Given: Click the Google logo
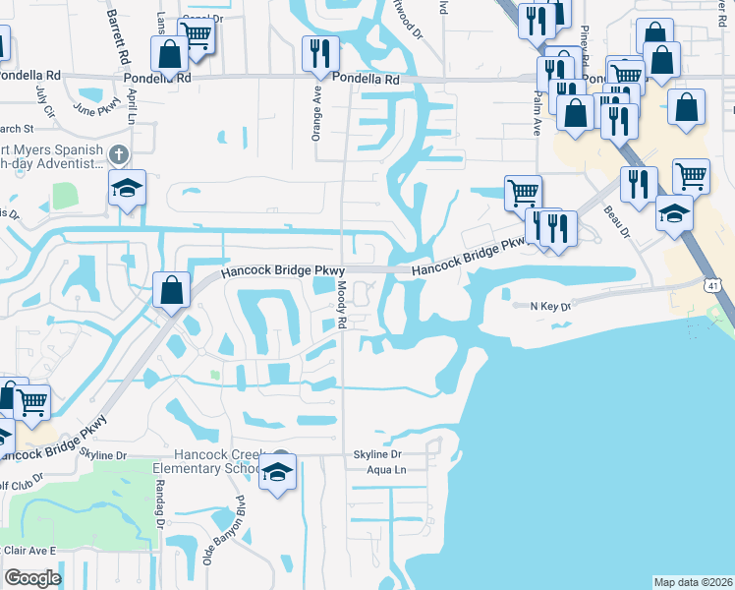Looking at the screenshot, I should [32, 577].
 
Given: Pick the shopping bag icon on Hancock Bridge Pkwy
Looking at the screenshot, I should [172, 291].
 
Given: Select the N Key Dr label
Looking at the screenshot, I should [550, 307].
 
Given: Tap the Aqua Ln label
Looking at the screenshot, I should [385, 471].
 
